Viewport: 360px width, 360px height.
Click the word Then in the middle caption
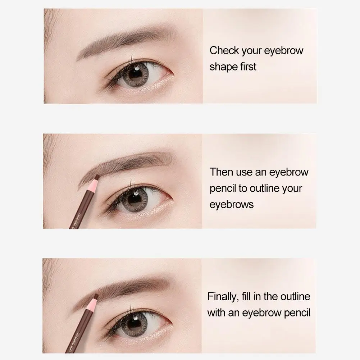coord(222,172)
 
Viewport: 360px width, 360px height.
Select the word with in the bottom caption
coord(215,313)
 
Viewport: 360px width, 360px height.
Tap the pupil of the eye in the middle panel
coord(136,199)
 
